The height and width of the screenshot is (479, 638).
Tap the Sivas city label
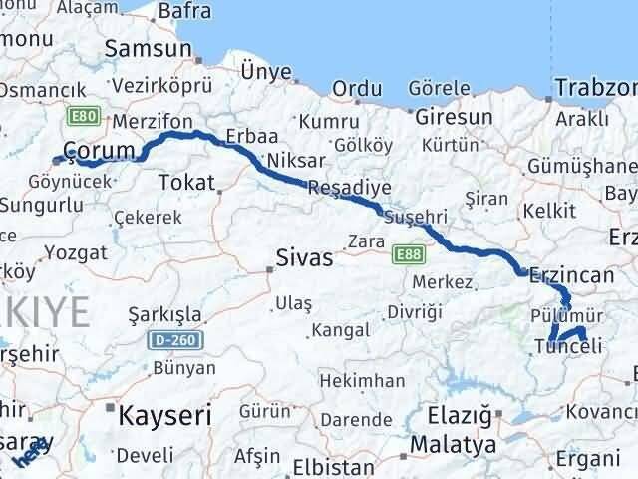click(304, 258)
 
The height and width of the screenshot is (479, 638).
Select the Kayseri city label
click(164, 413)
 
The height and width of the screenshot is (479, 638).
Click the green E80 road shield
click(84, 117)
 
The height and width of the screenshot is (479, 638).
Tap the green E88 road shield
click(407, 254)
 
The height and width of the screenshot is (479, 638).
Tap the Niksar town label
click(289, 160)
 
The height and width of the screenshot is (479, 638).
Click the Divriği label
click(414, 312)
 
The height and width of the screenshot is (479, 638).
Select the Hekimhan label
click(368, 380)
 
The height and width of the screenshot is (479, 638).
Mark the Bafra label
click(184, 12)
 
